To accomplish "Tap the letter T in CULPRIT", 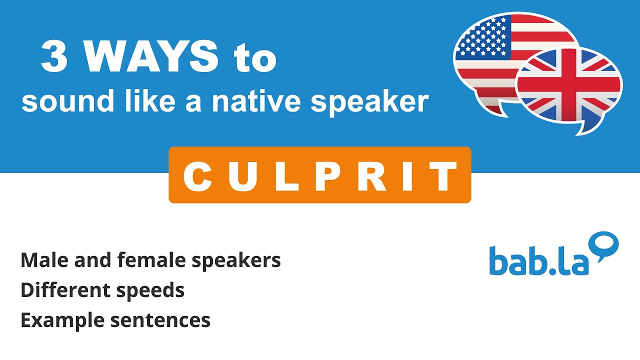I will (x=444, y=176).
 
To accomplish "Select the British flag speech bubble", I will (x=570, y=88).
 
